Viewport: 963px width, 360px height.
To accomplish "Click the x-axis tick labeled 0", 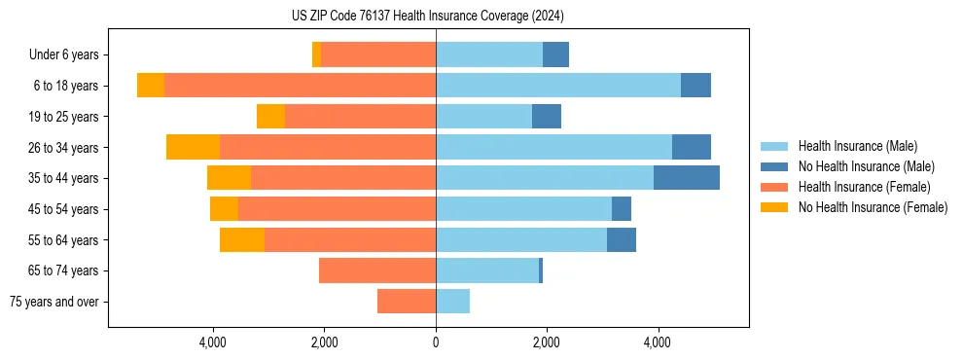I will point(436,342).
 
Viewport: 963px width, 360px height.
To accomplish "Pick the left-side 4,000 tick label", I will point(213,342).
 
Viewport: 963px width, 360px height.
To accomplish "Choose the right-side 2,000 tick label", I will point(547,342).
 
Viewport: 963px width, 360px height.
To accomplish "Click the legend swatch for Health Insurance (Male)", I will point(775,146).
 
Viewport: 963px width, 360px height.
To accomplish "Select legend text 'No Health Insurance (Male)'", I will point(866,166).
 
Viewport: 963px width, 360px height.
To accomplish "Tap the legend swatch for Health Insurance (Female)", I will point(775,187).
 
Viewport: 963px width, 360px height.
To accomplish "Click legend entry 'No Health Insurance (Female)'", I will point(872,207).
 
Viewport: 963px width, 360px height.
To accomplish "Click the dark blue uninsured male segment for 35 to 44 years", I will point(687,178).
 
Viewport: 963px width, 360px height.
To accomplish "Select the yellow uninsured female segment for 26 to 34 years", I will point(193,147).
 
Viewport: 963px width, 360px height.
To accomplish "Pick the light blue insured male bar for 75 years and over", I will point(452,302).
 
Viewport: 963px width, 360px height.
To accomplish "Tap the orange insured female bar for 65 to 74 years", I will point(377,270).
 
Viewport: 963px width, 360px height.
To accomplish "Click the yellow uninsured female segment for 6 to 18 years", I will point(151,86).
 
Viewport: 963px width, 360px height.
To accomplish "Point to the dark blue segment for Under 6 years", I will point(555,54).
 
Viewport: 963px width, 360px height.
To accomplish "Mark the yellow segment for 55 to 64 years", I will point(242,239).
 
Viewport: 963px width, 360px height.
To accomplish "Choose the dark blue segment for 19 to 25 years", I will point(547,116).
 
